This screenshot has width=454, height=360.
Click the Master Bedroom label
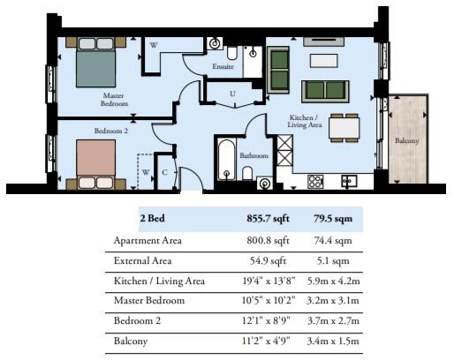click(x=114, y=100)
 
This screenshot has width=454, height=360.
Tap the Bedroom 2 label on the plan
click(x=111, y=131)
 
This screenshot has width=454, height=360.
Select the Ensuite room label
click(x=223, y=66)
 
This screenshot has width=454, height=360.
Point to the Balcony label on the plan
click(x=406, y=140)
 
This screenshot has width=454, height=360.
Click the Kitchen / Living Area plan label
click(x=305, y=121)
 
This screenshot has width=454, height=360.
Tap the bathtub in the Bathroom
click(x=226, y=160)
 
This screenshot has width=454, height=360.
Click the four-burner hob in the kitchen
click(x=315, y=182)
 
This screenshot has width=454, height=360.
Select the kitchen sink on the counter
click(x=349, y=181)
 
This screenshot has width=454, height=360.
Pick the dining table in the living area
click(x=344, y=128)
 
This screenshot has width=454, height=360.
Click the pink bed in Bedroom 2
click(x=95, y=164)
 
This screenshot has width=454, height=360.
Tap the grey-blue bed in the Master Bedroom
click(x=95, y=63)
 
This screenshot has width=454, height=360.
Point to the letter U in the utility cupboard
click(x=232, y=94)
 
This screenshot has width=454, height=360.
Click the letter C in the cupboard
click(x=164, y=172)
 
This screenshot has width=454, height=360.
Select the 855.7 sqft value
click(x=268, y=219)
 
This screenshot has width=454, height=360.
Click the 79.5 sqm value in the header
click(x=333, y=219)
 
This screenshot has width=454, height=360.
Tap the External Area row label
click(x=142, y=260)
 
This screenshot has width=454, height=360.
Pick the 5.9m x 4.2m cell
click(x=333, y=281)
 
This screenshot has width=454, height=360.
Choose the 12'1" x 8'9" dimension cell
click(x=266, y=320)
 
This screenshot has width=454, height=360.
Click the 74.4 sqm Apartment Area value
click(x=333, y=241)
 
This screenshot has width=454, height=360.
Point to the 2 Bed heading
click(x=152, y=219)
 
